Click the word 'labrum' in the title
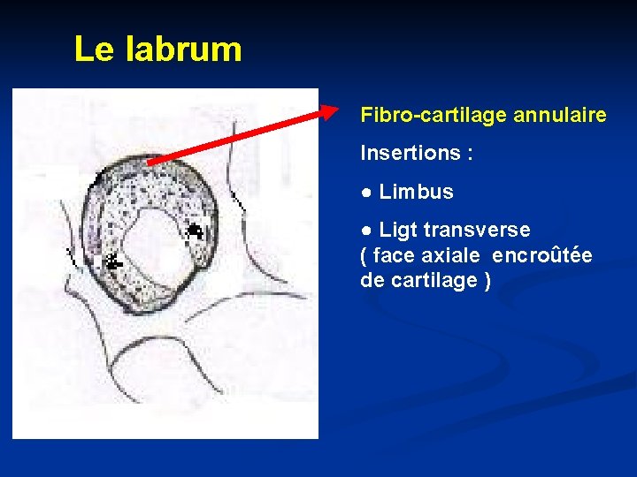(x=184, y=49)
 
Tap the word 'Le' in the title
(x=95, y=49)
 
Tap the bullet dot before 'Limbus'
(x=365, y=193)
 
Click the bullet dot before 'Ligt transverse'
(x=365, y=231)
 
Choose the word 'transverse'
(x=477, y=231)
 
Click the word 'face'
(x=395, y=256)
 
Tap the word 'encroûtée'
(x=541, y=256)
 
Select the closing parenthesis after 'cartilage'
(x=487, y=282)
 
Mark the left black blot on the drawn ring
(x=112, y=261)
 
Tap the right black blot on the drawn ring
(x=195, y=231)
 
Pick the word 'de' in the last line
(x=371, y=281)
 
